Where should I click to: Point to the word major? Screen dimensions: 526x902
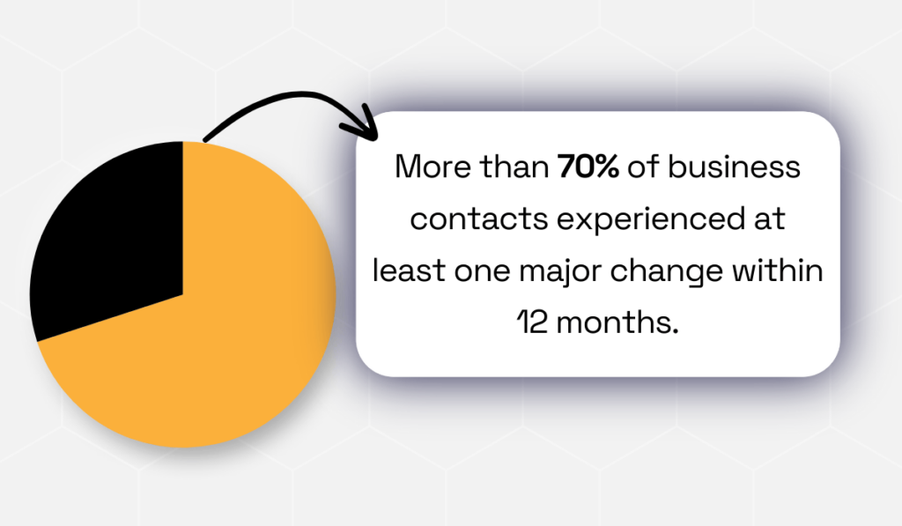click(x=569, y=272)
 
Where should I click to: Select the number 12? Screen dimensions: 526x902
click(x=529, y=322)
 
